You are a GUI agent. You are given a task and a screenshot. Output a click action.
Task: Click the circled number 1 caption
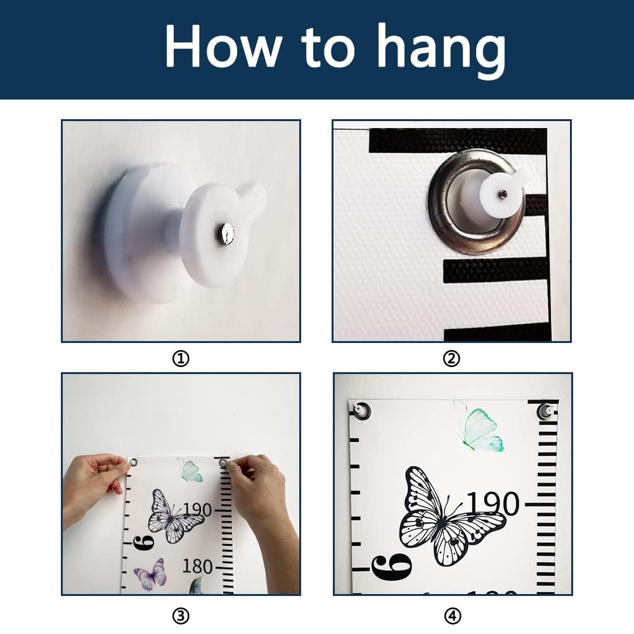pos(181,358)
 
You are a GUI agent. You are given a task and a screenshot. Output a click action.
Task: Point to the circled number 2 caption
pos(451,358)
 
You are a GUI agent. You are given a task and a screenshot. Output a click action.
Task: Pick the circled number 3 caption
pos(181,616)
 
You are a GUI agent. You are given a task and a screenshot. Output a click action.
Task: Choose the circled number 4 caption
pos(453,616)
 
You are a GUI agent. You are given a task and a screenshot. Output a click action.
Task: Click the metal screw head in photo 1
pos(226,233)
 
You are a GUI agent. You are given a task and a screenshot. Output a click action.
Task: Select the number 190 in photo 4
pos(493,504)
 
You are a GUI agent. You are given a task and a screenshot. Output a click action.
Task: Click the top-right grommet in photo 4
pos(546,411)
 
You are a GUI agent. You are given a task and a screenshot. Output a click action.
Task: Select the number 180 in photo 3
pos(197,566)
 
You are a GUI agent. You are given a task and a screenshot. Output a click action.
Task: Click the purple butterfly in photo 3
pos(150,574)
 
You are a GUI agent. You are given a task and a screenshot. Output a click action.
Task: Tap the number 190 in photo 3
pos(197,510)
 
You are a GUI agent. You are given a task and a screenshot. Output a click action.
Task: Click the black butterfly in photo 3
pos(175,517)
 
